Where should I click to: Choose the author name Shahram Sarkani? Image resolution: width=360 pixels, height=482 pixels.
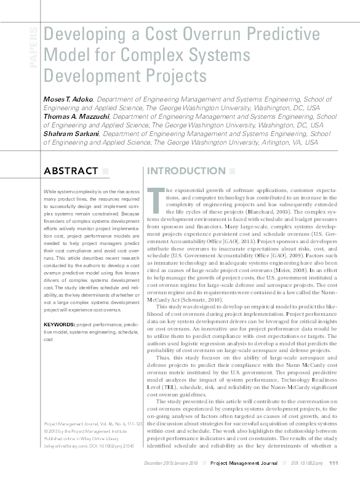[x=70, y=133]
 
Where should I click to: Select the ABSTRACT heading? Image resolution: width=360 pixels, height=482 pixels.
[x=71, y=171]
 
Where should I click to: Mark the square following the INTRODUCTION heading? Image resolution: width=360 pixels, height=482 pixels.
[x=231, y=171]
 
